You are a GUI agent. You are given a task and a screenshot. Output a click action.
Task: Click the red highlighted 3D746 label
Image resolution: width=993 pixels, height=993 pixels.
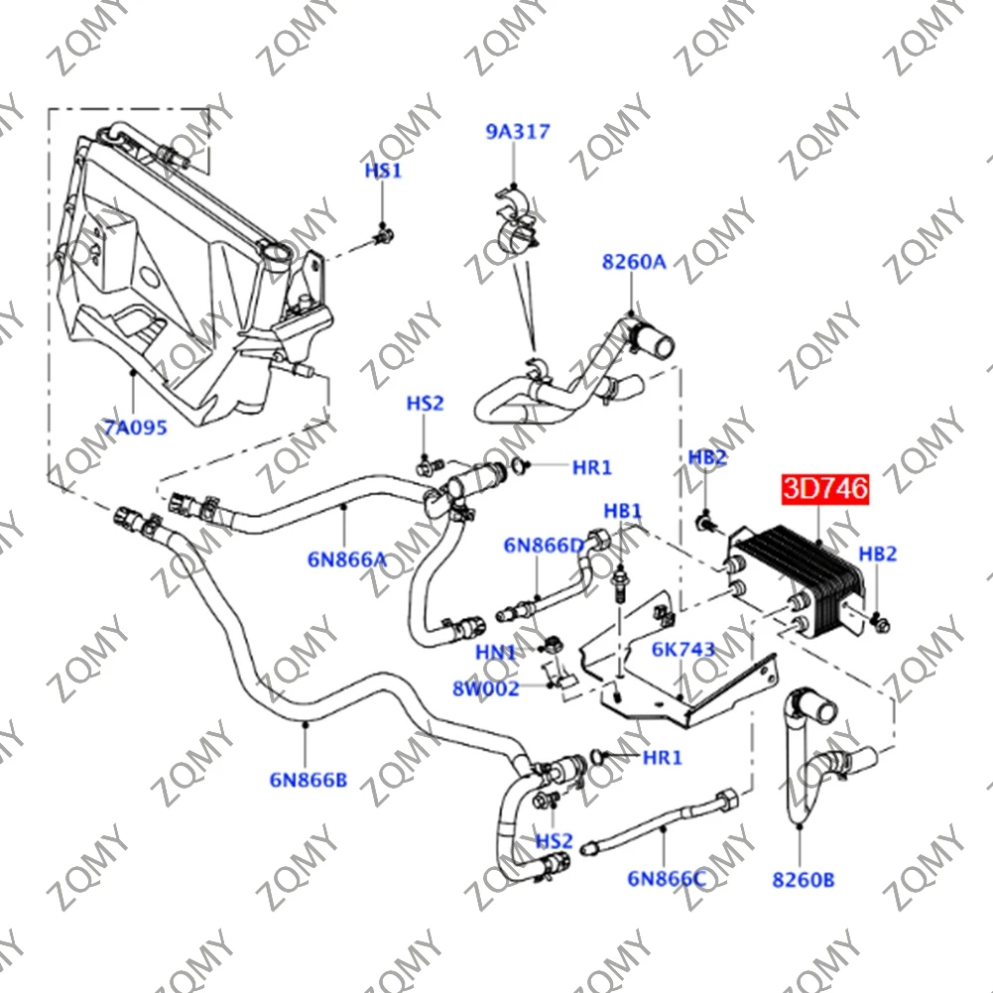pyautogui.click(x=824, y=489)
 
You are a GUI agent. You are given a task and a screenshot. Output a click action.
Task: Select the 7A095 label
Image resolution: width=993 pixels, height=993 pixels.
pyautogui.click(x=135, y=428)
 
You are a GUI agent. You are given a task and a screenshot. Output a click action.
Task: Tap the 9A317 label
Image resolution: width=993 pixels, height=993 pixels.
pyautogui.click(x=517, y=131)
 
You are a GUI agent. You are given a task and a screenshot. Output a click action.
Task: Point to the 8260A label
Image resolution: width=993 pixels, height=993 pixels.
pyautogui.click(x=633, y=262)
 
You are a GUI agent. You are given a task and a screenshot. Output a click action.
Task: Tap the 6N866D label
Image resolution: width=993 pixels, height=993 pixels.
pyautogui.click(x=544, y=545)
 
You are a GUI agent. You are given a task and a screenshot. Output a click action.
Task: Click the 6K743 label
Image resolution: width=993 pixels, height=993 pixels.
pyautogui.click(x=683, y=650)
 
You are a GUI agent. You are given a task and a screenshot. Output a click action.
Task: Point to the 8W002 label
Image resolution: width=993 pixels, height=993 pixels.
pyautogui.click(x=486, y=688)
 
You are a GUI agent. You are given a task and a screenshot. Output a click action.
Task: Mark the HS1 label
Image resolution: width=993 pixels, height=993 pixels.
pyautogui.click(x=382, y=171)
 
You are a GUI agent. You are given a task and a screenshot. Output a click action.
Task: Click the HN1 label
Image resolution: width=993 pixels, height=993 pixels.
pyautogui.click(x=496, y=653)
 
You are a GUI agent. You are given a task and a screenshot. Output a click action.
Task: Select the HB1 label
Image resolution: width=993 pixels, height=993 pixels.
pyautogui.click(x=623, y=511)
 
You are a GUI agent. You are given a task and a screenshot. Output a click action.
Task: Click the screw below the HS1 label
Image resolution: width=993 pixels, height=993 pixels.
pyautogui.click(x=382, y=236)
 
